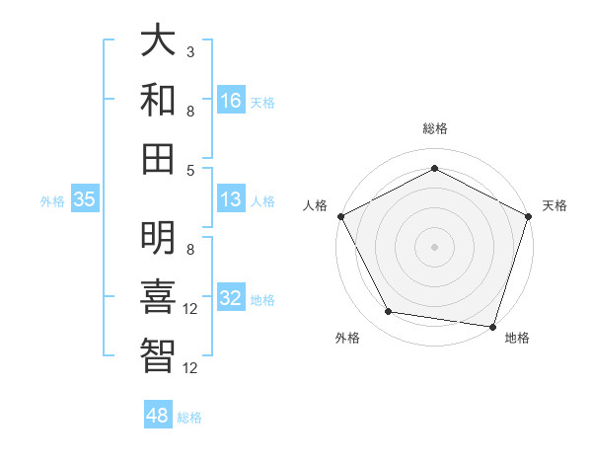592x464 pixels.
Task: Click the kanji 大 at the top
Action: point(159,42)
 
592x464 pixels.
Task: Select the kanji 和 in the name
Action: point(159,101)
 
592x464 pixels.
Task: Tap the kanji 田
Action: point(159,158)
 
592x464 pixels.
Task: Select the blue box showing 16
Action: point(231,101)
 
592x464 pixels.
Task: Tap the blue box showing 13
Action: point(231,199)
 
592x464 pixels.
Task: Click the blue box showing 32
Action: point(231,298)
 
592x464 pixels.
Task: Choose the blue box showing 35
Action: point(85,199)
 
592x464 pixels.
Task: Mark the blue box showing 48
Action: point(158,416)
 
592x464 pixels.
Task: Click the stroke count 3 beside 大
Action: point(190,51)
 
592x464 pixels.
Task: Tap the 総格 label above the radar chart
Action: point(434,128)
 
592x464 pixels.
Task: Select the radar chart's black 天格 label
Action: point(555,205)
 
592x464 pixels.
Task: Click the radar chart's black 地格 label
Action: point(517,338)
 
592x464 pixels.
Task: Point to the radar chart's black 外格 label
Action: point(348,338)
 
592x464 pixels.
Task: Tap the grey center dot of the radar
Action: point(434,246)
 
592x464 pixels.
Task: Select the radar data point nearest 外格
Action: point(388,312)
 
